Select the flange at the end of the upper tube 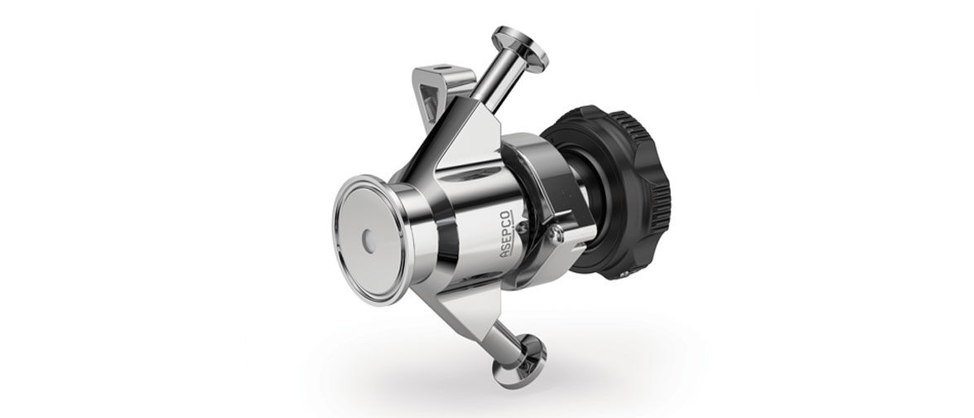pyautogui.click(x=520, y=48)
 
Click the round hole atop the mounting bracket pyautogui.click(x=441, y=66)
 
